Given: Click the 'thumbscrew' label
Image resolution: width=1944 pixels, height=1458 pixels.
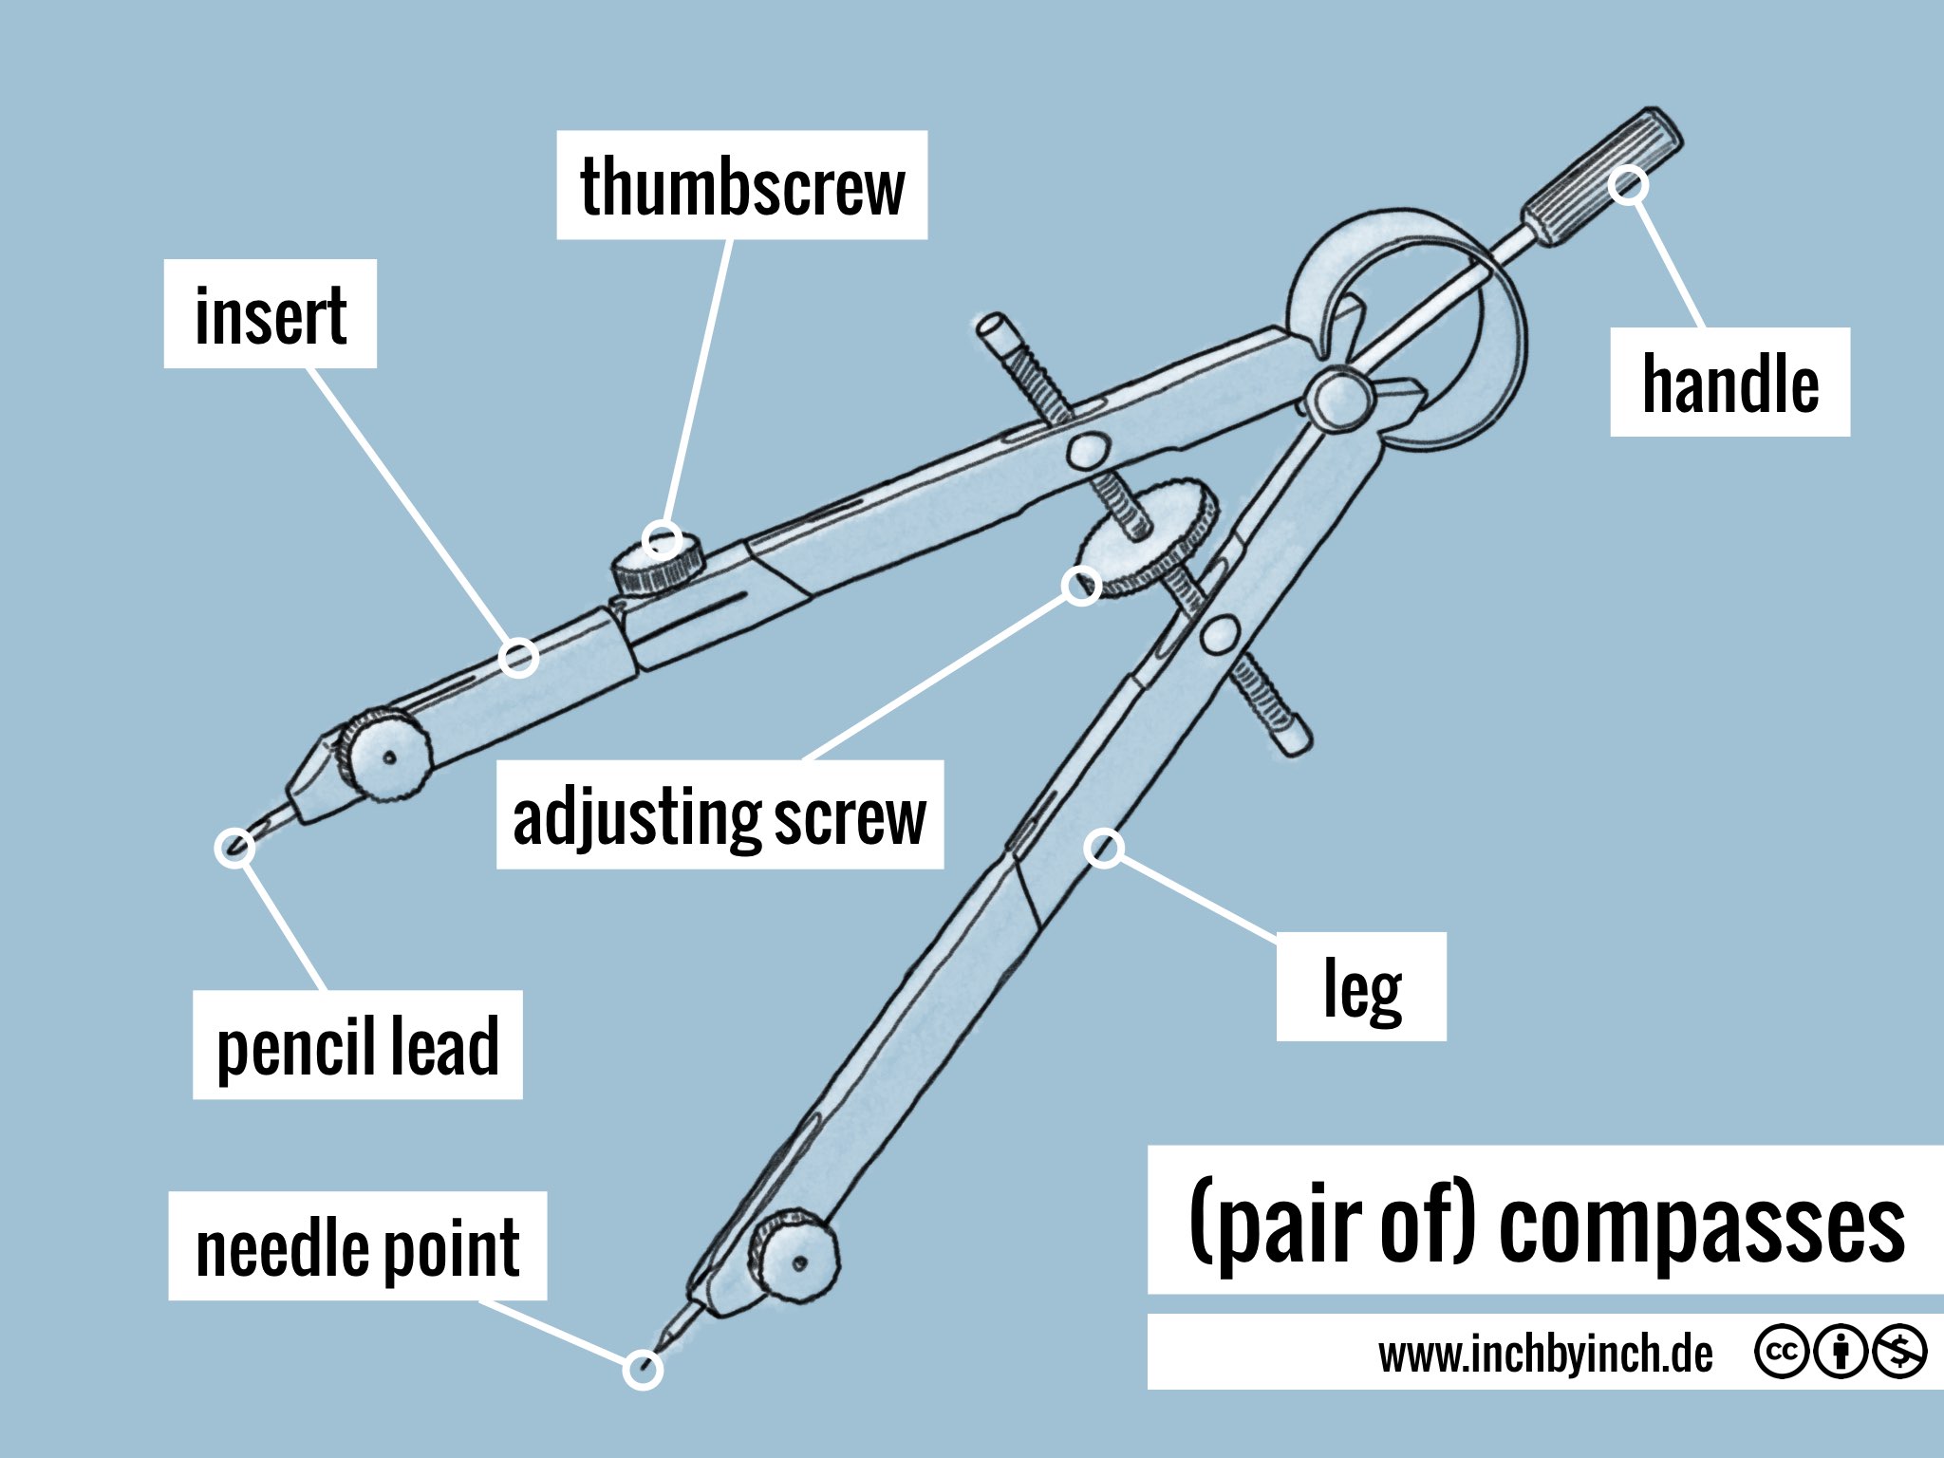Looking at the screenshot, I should pyautogui.click(x=741, y=185).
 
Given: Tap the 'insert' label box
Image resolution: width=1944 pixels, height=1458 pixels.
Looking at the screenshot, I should pyautogui.click(x=271, y=314).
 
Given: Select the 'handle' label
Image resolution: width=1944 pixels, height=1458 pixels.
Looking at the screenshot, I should pyautogui.click(x=1729, y=383).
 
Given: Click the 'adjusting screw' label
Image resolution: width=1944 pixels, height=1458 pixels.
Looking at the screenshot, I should pyautogui.click(x=720, y=815).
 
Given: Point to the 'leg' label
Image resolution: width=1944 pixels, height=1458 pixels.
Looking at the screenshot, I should pyautogui.click(x=1361, y=987).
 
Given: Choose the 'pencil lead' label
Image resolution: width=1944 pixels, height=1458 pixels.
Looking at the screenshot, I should pyautogui.click(x=358, y=1045).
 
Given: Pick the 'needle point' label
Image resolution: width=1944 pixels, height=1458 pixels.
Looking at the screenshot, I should pyautogui.click(x=358, y=1246).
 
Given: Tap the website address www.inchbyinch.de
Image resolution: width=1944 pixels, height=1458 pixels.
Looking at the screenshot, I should pyautogui.click(x=1545, y=1354).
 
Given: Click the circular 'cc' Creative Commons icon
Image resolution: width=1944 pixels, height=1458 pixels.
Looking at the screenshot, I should pyautogui.click(x=1782, y=1352).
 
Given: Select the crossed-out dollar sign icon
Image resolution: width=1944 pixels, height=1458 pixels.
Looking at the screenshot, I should pyautogui.click(x=1899, y=1352).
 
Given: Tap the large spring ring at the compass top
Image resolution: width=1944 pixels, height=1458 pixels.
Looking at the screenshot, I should pyautogui.click(x=1481, y=285).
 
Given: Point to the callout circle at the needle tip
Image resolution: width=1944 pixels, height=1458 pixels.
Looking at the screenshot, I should pyautogui.click(x=643, y=1369).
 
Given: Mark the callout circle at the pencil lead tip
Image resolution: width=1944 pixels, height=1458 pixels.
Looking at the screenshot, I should pyautogui.click(x=234, y=848).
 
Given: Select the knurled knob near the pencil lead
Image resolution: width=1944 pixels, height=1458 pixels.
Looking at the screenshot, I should pyautogui.click(x=385, y=755).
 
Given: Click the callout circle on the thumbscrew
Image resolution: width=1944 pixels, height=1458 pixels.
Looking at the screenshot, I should pyautogui.click(x=662, y=540).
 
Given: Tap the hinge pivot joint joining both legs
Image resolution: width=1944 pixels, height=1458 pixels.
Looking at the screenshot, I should pyautogui.click(x=1338, y=399).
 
